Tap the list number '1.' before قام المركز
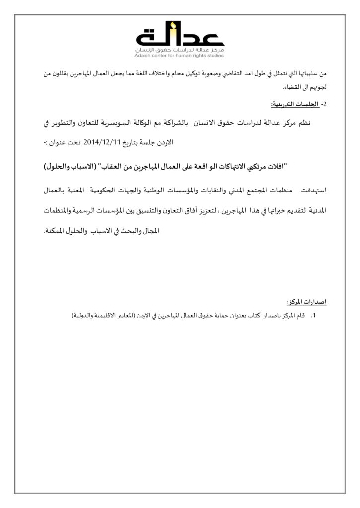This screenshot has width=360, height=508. tap(313, 315)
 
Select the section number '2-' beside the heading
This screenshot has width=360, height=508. tap(324, 105)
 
